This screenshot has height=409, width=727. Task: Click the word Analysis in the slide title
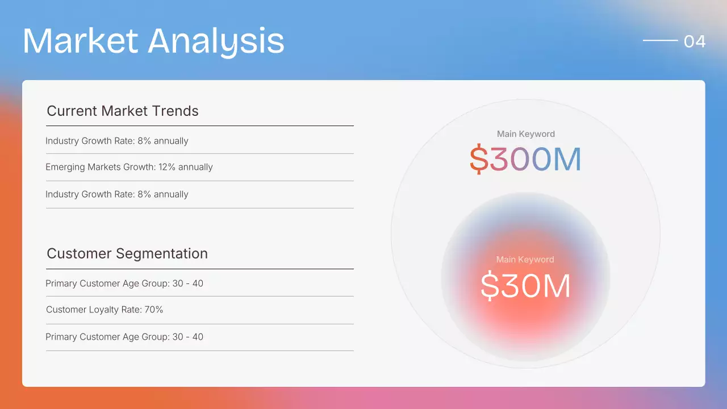216,41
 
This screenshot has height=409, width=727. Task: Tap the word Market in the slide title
80,41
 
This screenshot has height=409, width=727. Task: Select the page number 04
695,41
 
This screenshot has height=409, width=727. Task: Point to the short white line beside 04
660,40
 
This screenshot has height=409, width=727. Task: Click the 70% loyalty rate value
153,310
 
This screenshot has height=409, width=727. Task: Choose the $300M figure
525,160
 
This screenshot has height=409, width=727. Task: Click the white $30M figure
525,285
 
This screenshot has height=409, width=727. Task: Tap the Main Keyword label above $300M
525,134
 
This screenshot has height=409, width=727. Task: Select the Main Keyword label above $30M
525,260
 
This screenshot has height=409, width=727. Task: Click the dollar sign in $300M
479,160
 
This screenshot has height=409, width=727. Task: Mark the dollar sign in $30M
489,285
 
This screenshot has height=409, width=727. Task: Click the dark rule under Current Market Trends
199,126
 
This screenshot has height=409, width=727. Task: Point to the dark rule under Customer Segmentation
199,269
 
